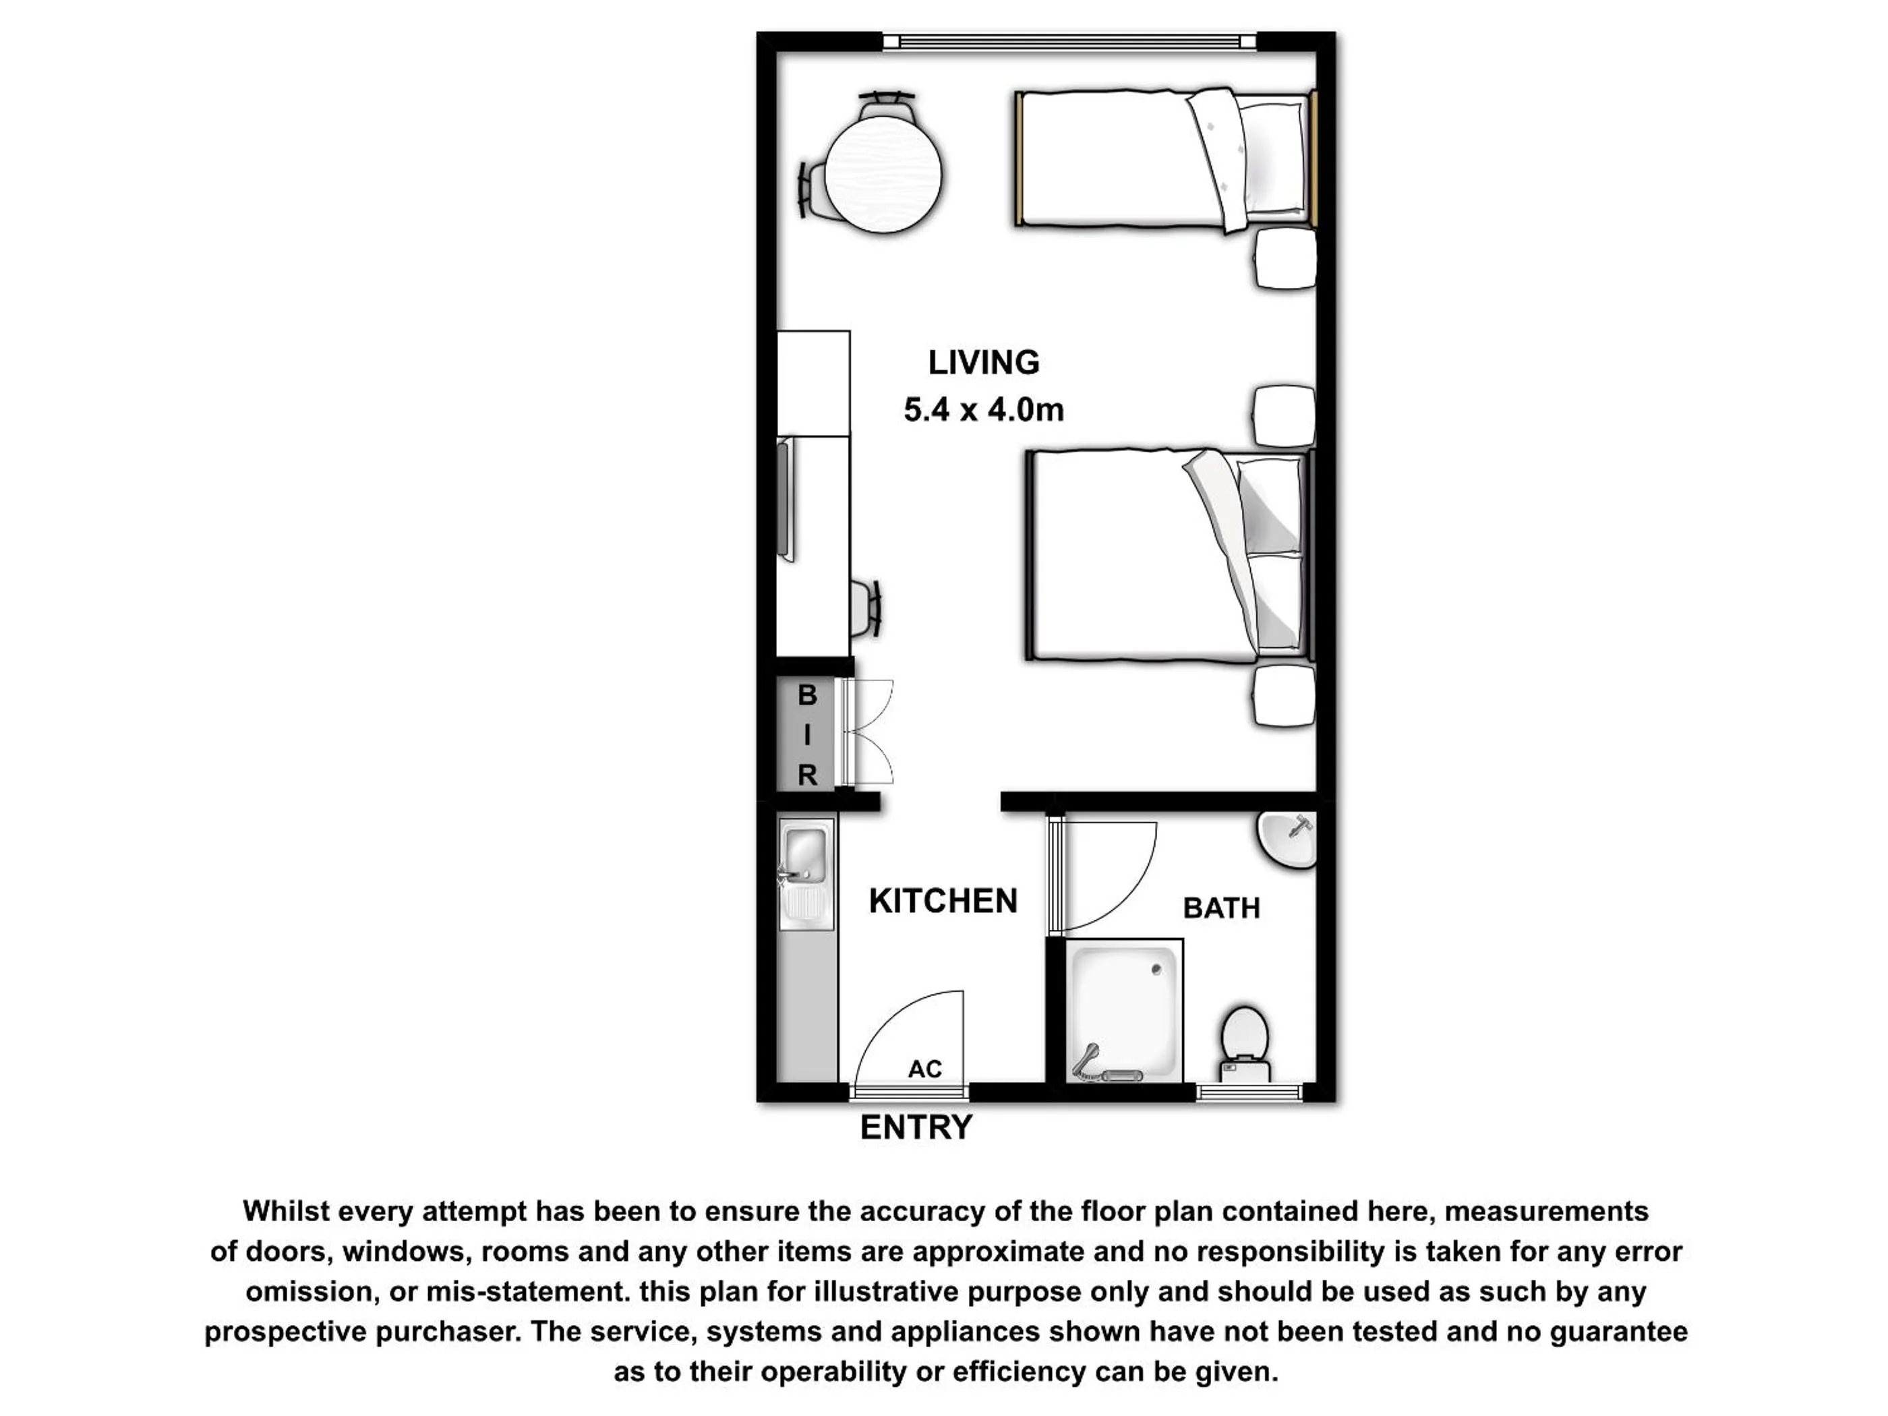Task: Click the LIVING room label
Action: point(983,363)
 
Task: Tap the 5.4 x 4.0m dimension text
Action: point(983,411)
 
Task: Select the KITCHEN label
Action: point(943,902)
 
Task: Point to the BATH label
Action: point(1221,908)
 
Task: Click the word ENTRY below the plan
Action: point(916,1127)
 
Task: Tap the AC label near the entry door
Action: point(924,1069)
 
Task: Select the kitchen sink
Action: point(805,855)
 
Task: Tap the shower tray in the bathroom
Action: point(1123,1007)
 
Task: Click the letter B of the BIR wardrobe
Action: point(807,696)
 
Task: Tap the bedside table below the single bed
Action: point(1285,260)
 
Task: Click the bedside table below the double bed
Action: point(1285,695)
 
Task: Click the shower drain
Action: point(1156,970)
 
